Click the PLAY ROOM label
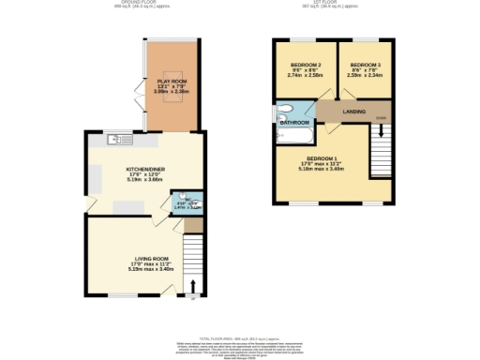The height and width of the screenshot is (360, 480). click(x=172, y=82)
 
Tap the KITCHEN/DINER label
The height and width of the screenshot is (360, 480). click(x=146, y=170)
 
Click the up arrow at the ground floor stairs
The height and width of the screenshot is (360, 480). click(x=194, y=286)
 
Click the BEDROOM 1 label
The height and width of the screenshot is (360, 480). click(x=322, y=158)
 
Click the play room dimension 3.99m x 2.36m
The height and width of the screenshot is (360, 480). click(x=172, y=93)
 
